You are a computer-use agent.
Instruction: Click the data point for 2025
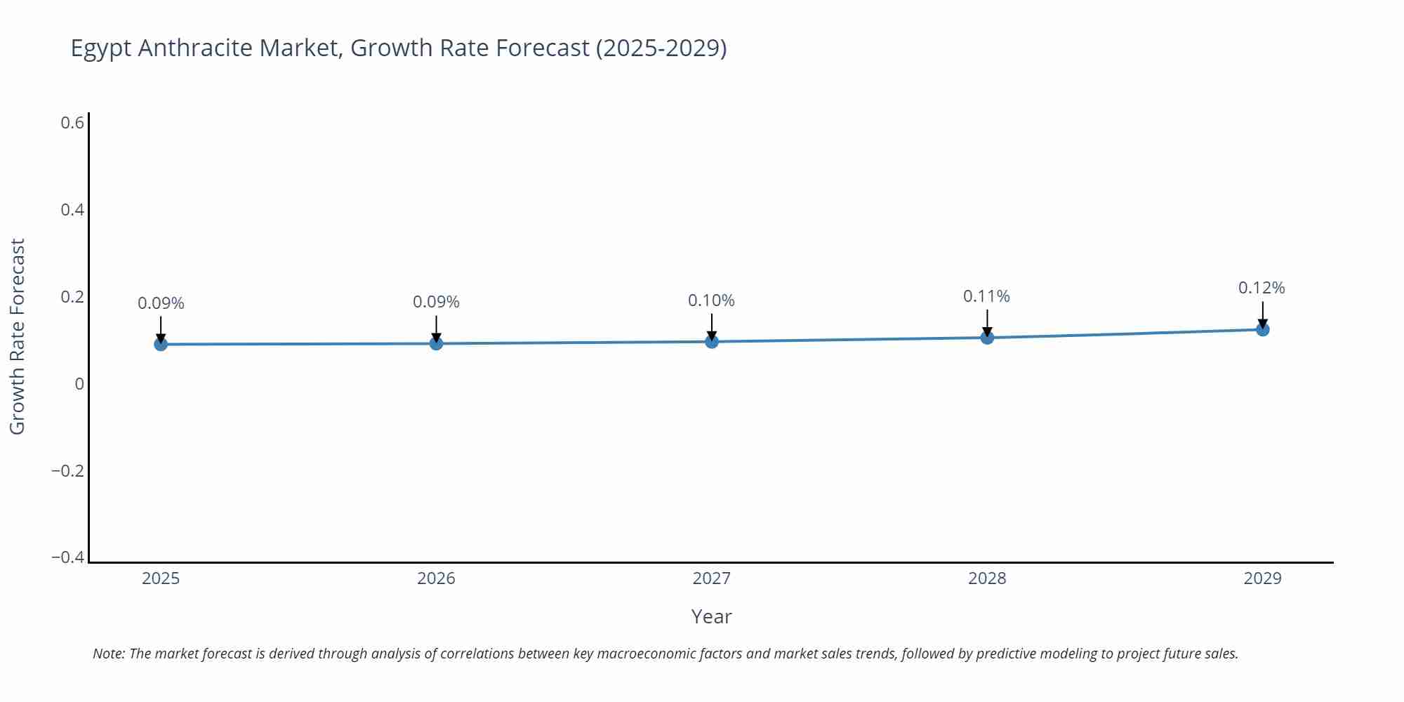[161, 344]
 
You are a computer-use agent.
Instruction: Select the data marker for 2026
[436, 343]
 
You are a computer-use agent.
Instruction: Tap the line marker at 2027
[712, 342]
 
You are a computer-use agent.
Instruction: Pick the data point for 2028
[987, 338]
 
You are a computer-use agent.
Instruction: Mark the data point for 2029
[1262, 329]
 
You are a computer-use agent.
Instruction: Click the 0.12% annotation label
[1261, 288]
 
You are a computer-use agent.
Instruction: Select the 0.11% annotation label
[986, 296]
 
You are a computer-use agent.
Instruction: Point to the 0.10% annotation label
[711, 300]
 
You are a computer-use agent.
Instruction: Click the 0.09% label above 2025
[161, 303]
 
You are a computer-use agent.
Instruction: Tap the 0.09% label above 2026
[436, 302]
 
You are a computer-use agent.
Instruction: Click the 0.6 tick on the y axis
[72, 123]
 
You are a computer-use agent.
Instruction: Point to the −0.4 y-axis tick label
[68, 557]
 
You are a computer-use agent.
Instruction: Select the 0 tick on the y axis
[79, 384]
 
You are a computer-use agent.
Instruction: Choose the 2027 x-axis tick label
[711, 578]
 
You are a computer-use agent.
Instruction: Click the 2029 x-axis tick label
[1262, 578]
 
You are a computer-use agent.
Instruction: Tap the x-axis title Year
[711, 616]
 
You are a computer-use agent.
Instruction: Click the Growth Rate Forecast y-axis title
[18, 336]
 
